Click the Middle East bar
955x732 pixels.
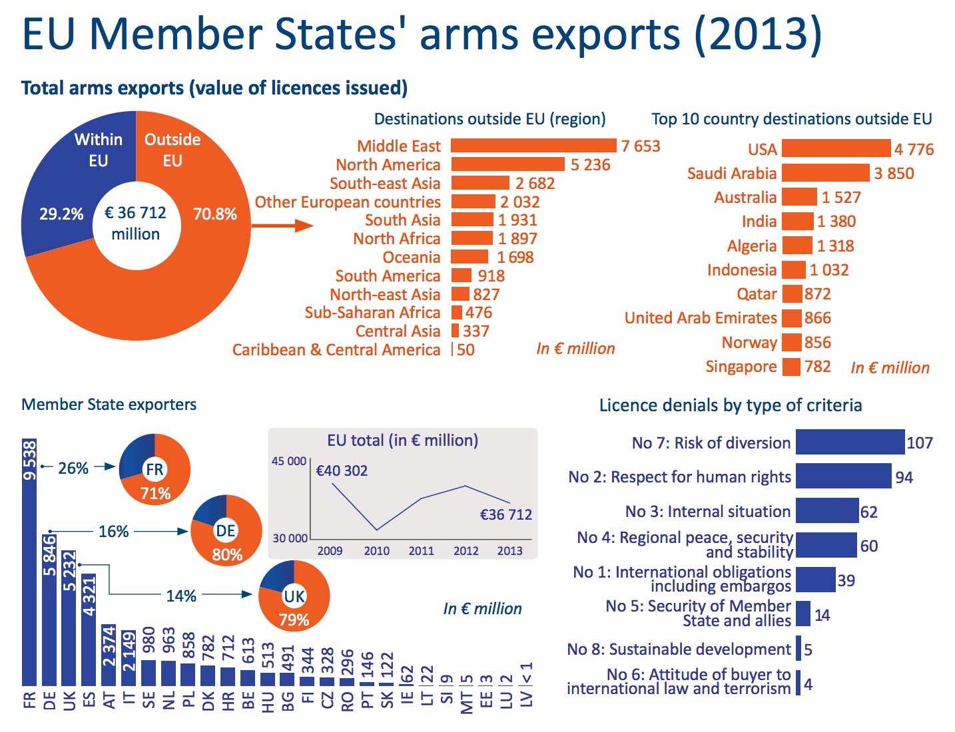[533, 146]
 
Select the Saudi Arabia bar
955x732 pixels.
[825, 173]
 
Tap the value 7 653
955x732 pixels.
[641, 146]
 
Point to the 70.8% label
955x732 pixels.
[215, 214]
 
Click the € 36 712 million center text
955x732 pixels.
[136, 223]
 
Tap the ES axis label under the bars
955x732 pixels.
[89, 701]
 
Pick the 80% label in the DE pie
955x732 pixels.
[227, 555]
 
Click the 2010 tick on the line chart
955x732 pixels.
[376, 551]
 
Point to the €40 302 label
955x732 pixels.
[342, 471]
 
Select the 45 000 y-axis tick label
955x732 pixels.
[289, 461]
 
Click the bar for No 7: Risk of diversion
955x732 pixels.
[850, 443]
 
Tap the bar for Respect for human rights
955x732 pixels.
[843, 476]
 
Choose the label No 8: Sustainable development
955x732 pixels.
[679, 649]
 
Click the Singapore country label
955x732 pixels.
[741, 367]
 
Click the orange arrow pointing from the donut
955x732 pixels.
[282, 226]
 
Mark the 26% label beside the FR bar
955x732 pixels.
[73, 468]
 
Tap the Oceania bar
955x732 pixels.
[470, 257]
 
